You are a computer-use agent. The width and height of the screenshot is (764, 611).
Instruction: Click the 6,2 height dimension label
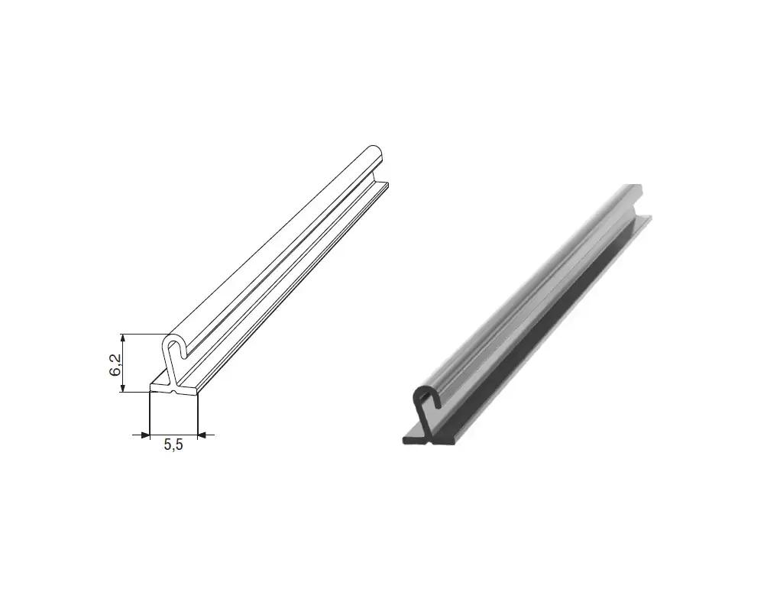click(x=115, y=364)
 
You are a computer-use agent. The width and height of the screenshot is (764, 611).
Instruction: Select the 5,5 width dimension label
click(x=173, y=445)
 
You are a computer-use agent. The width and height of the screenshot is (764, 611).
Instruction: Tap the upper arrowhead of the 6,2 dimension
click(x=123, y=338)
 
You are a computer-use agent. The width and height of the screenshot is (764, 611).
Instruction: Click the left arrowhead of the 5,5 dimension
click(x=144, y=435)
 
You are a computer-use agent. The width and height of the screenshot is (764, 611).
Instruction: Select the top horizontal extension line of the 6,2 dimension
click(x=145, y=335)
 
